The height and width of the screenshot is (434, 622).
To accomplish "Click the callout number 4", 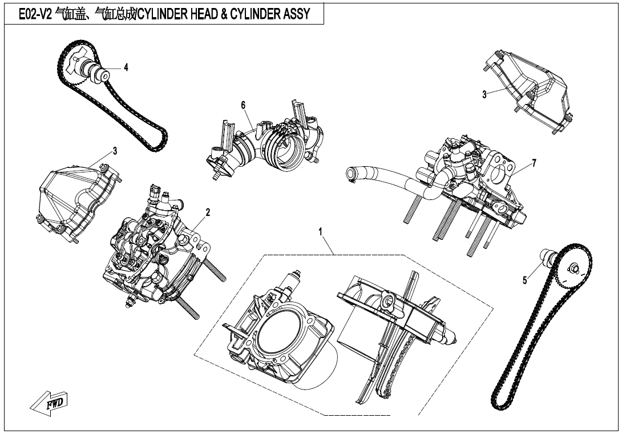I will (x=126, y=67).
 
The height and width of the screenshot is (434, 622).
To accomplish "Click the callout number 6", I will (x=243, y=105).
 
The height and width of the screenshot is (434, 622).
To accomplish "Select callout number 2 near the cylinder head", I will (x=208, y=212).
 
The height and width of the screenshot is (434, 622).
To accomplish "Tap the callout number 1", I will (x=321, y=231).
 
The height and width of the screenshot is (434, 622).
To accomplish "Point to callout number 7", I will (x=534, y=163).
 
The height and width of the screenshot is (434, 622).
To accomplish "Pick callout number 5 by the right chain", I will (x=525, y=280).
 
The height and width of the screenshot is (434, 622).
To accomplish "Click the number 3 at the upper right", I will (x=484, y=95).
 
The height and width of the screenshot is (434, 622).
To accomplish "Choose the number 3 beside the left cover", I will (x=115, y=151).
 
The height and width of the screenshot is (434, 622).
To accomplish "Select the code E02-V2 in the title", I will (x=36, y=15).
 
